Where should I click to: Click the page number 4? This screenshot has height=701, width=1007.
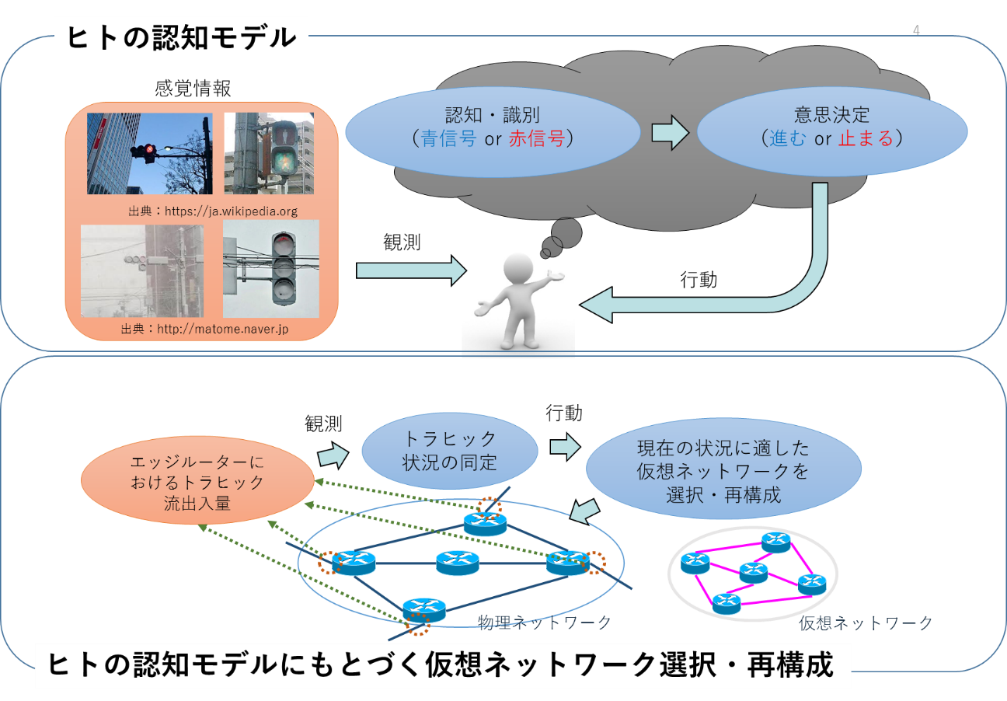[917, 30]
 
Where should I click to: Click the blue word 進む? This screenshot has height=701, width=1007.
[789, 139]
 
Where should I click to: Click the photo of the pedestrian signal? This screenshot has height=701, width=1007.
[269, 153]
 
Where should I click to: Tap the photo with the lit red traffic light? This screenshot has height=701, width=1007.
[149, 153]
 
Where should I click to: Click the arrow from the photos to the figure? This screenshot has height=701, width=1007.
[410, 270]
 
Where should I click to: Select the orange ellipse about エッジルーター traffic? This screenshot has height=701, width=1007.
[197, 483]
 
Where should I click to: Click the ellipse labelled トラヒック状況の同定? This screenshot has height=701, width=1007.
[450, 451]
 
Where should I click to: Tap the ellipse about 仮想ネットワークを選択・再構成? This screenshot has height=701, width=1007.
[723, 471]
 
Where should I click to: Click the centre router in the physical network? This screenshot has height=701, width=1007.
[458, 561]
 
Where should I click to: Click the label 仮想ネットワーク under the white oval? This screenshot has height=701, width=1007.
[866, 623]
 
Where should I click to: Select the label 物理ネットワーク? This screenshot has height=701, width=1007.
[544, 622]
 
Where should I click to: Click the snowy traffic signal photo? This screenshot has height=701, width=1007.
[142, 271]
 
